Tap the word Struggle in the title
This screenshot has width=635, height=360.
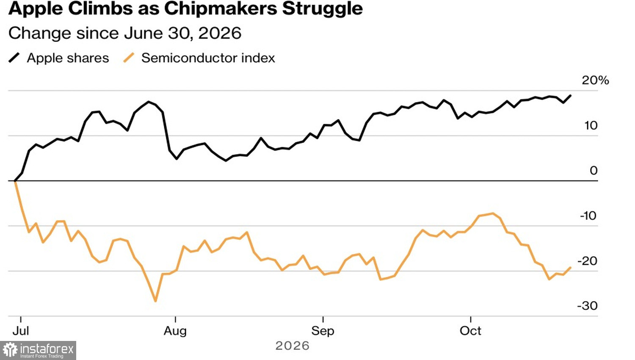point(322,8)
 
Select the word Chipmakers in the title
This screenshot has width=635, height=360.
point(221,8)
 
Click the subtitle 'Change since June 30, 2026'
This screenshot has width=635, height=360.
point(125,33)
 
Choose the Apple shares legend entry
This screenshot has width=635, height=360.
point(59,58)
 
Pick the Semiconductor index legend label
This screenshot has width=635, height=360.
point(208,58)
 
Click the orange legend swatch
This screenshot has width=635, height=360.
point(129,58)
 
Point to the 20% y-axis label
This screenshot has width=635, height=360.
point(595,80)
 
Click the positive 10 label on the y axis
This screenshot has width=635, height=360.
point(591,125)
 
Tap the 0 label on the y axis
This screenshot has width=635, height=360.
point(594,171)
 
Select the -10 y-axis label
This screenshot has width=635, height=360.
point(588,216)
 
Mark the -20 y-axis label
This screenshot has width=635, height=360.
point(588,261)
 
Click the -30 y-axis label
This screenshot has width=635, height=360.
point(588,306)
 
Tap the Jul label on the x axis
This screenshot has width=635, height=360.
point(21,331)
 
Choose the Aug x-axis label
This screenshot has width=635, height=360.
point(175,331)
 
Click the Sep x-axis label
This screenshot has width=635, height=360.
point(323,331)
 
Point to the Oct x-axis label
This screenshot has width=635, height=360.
point(470,331)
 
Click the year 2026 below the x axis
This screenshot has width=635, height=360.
point(292,346)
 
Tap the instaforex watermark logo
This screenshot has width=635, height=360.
point(38,350)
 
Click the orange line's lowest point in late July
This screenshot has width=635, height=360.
point(155,301)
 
